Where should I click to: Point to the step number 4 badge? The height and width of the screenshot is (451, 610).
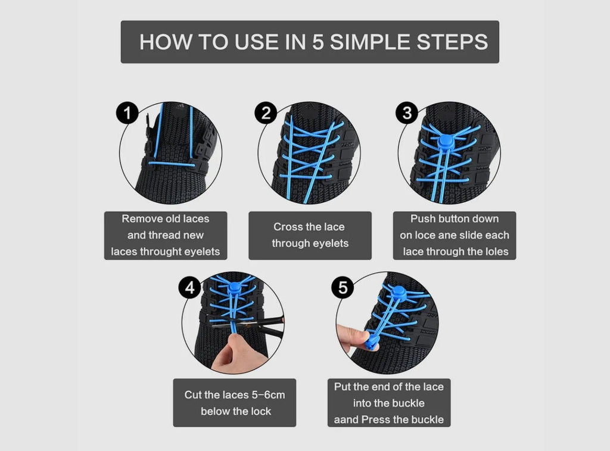(189, 288)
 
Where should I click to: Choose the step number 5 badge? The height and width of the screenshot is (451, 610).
(343, 288)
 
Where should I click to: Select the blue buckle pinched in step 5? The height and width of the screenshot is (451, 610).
(372, 342)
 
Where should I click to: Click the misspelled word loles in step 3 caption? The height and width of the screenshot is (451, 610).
(494, 252)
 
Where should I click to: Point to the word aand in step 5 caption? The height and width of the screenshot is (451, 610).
(347, 419)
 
